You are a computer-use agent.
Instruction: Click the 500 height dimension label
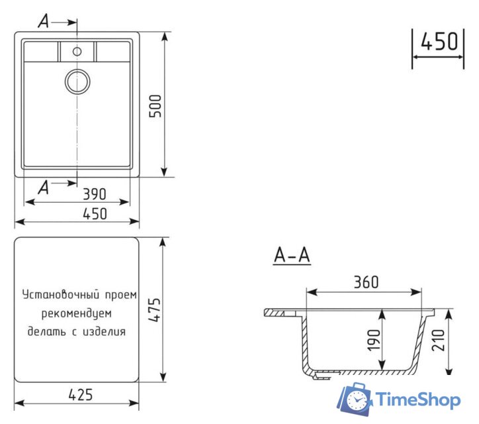(155, 105)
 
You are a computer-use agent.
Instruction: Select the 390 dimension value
(95, 194)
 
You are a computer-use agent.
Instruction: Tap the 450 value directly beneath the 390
(95, 214)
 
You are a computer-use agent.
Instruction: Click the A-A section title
(292, 255)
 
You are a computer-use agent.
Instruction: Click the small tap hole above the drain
(77, 51)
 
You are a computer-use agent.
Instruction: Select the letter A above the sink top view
(44, 22)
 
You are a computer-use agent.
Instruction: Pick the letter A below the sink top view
(44, 187)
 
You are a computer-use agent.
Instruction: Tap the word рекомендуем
(76, 312)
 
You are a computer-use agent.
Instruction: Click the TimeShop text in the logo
(418, 399)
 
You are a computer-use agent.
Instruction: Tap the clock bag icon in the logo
(355, 399)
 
